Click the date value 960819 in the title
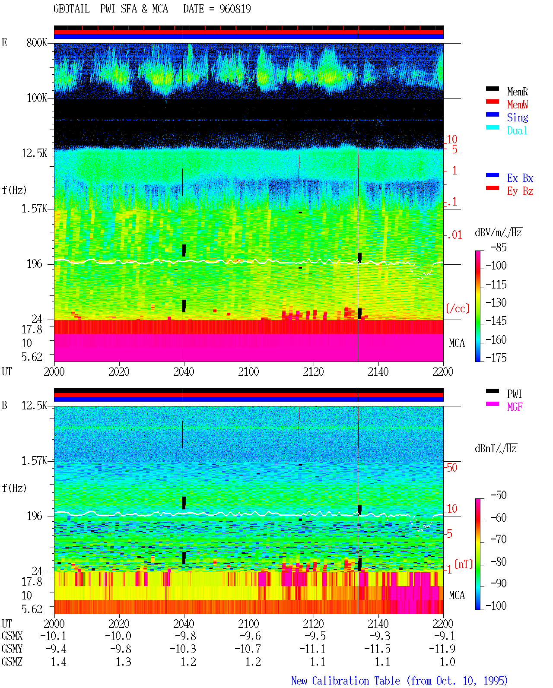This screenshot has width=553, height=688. (235, 9)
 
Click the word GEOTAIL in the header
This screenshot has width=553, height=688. (72, 9)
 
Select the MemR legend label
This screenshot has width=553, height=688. (518, 92)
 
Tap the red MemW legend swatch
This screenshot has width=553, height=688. (492, 101)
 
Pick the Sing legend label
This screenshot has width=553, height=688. (518, 117)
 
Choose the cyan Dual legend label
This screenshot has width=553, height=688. (517, 130)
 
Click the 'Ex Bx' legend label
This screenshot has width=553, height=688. (520, 178)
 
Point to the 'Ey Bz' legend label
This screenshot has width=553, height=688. (520, 191)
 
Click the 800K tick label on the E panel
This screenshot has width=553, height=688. (37, 42)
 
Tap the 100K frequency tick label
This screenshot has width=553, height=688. (37, 98)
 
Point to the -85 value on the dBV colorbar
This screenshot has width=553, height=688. (499, 247)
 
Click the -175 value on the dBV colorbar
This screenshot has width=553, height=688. (496, 358)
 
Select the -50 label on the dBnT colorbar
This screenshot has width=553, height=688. (499, 495)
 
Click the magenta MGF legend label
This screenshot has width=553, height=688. (515, 407)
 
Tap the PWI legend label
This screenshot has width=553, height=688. (514, 394)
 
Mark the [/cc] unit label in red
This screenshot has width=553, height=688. (458, 308)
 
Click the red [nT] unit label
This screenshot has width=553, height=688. (464, 564)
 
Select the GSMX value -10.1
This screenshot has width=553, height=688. (53, 636)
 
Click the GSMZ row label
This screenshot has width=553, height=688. (12, 662)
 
